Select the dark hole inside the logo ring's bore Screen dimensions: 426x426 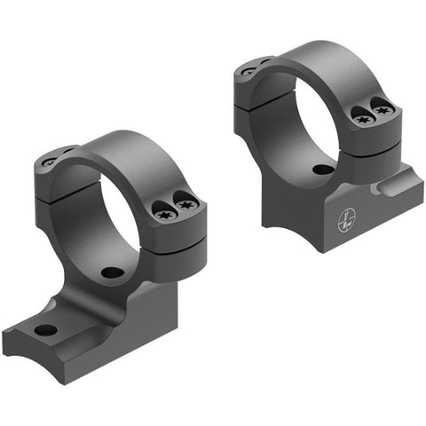(x=323, y=169)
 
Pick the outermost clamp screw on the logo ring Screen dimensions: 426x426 (x=383, y=110)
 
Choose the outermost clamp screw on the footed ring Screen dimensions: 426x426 (x=187, y=205)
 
